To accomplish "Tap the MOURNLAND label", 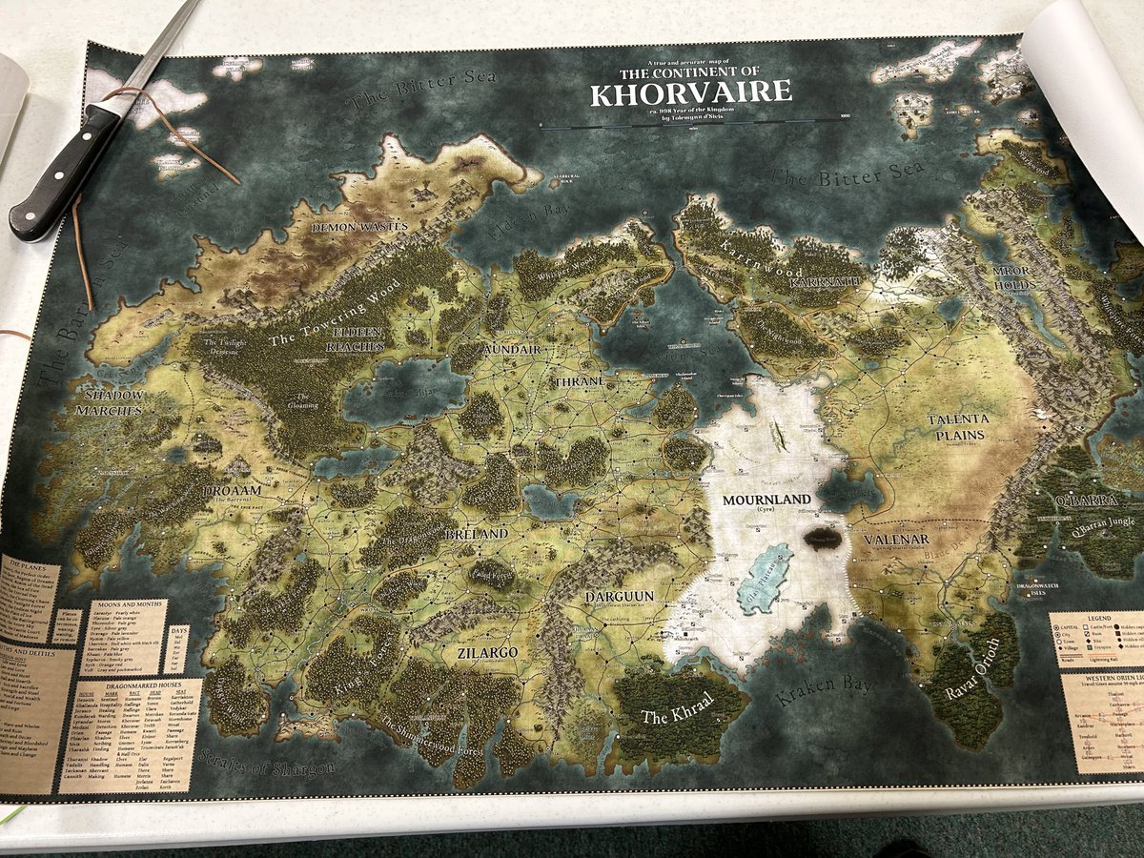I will coord(766,500).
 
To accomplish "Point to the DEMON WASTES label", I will coord(360,227).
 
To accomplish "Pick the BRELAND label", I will coord(477,535).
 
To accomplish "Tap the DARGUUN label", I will coord(620,596).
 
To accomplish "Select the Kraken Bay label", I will coord(817,690).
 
